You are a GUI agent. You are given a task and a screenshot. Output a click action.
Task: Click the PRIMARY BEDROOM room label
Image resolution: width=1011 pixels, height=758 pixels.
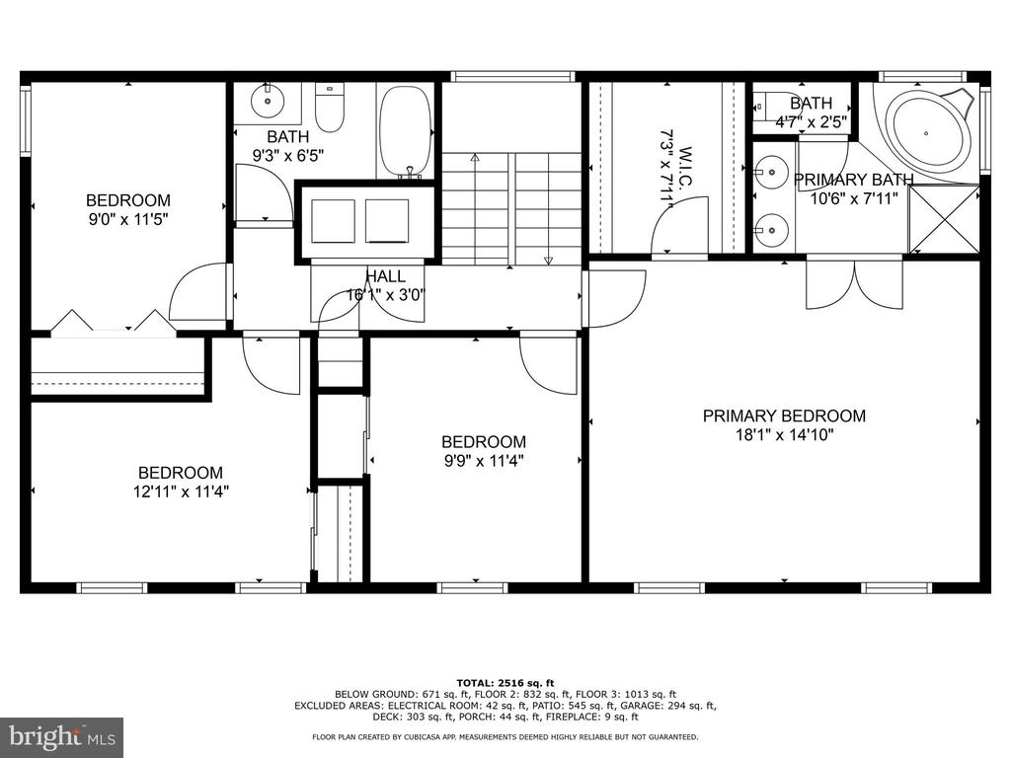point(784,416)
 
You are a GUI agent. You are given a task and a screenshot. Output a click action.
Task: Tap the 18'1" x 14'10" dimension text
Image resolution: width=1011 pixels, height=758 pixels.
point(784,435)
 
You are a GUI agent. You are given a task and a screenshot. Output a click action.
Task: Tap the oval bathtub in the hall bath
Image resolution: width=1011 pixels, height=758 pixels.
point(404,130)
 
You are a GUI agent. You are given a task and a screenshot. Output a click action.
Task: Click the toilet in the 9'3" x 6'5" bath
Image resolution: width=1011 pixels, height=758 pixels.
point(330,109)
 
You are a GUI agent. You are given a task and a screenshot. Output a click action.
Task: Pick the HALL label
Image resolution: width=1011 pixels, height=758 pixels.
point(386,276)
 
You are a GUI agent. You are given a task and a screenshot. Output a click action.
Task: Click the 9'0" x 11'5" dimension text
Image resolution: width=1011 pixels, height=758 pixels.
point(128,220)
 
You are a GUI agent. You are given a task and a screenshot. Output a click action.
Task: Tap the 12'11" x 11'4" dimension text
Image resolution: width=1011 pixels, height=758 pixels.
point(182,492)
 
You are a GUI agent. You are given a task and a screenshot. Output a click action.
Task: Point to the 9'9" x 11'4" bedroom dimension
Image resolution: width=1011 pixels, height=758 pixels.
point(484,461)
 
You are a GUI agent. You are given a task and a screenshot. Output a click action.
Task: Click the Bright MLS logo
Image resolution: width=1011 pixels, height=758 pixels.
point(62,736)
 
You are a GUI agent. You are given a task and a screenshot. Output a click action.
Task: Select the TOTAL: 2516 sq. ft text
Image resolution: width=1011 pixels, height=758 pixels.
point(505,683)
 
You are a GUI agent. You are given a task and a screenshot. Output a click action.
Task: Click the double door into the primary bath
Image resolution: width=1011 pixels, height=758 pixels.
point(854,283)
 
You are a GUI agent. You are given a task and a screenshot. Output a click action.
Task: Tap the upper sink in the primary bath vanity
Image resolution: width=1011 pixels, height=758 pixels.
point(770,172)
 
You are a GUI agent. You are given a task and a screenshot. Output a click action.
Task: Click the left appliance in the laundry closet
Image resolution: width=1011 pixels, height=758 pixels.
point(333,221)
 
